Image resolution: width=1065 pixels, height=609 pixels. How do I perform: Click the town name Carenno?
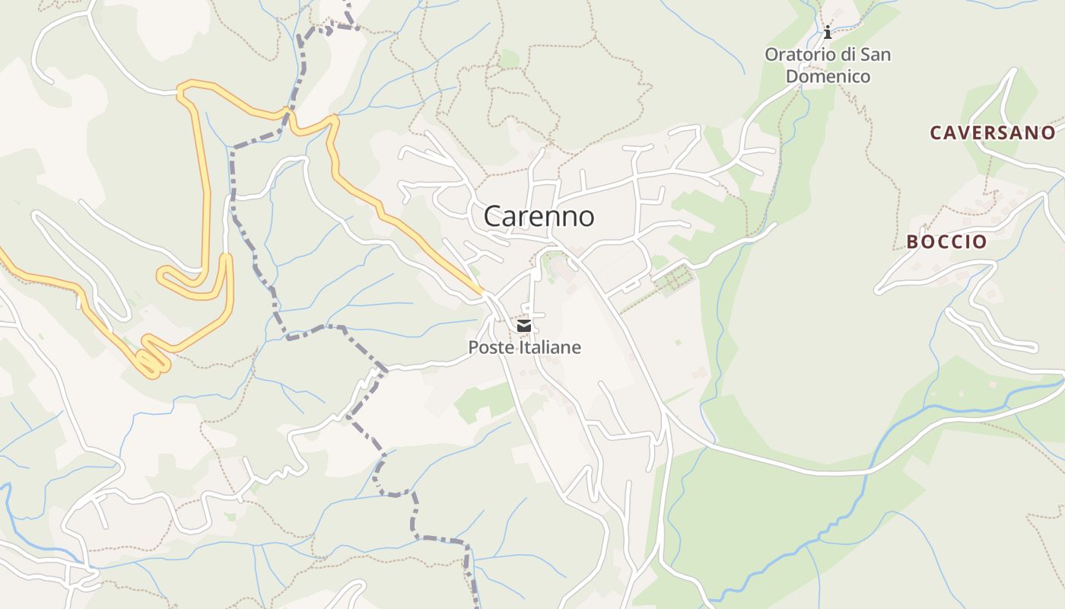539,216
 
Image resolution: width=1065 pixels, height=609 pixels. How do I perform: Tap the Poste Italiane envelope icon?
523,327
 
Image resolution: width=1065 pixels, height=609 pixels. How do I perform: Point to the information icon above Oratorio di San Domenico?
828,32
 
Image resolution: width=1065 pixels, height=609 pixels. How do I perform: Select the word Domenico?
828,76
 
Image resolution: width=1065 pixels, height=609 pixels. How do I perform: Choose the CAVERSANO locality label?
992,132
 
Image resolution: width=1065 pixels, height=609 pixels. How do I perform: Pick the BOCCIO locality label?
946,242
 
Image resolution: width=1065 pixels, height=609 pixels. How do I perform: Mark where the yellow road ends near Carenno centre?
481,292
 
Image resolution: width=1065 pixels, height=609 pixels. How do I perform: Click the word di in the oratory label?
847,55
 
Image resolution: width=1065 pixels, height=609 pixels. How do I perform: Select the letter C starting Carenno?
494,216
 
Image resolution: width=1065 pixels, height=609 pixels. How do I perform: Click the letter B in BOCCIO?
912,242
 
